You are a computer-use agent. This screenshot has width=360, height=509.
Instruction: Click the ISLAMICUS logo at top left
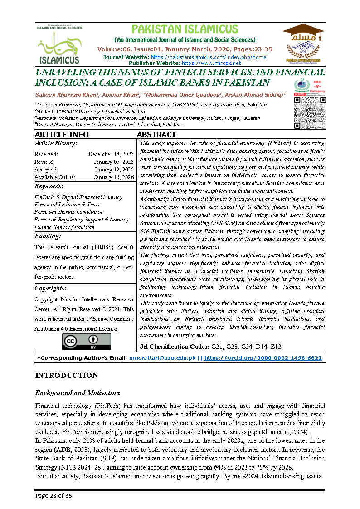59,44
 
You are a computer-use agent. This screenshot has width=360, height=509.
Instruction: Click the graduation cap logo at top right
303,43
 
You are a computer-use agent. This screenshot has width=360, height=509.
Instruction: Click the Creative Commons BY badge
86,342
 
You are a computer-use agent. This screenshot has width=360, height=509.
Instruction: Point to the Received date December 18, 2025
111,154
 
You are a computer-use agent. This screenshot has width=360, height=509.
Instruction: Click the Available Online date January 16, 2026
114,177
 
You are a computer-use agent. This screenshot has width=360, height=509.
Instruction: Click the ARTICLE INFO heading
62,135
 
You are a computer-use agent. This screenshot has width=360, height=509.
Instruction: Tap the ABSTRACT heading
156,135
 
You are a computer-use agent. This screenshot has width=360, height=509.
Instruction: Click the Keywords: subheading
49,186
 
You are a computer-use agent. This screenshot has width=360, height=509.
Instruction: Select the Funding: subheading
48,236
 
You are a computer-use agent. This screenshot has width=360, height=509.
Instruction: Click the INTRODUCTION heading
66,376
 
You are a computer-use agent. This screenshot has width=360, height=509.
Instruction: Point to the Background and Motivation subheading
78,393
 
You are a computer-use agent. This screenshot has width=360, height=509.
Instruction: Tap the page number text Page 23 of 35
54,496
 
